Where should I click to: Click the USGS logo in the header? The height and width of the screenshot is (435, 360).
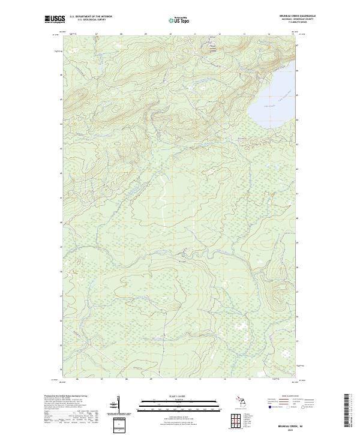[55, 20]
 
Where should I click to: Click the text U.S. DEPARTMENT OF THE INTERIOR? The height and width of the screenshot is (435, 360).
[91, 17]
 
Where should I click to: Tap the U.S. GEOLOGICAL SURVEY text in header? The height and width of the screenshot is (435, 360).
[91, 20]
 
